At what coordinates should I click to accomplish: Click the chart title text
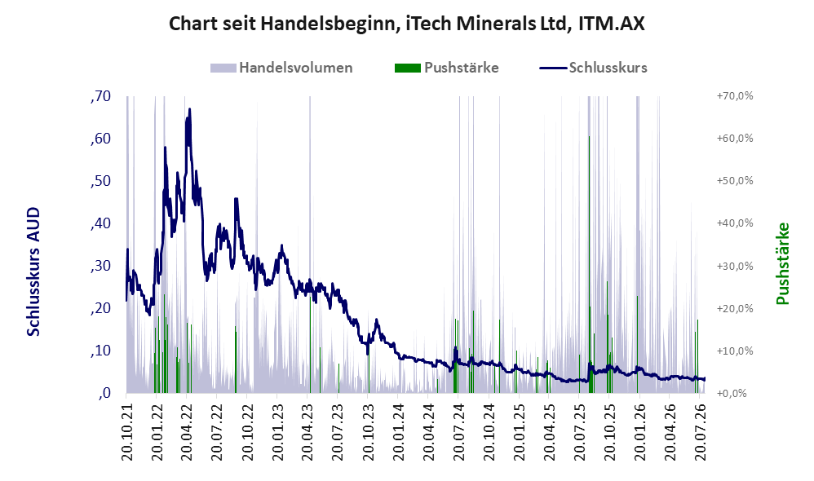pos(406,24)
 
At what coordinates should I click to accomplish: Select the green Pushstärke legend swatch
pos(408,68)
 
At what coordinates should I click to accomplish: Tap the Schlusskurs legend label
pos(608,68)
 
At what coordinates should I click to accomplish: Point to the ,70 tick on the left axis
pos(100,96)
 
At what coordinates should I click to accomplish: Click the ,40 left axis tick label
pos(100,223)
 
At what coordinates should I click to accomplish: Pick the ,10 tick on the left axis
pos(100,351)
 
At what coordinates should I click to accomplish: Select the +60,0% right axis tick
pos(735,139)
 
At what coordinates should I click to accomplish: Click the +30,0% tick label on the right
pos(735,267)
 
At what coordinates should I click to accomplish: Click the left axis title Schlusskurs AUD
pos(33,271)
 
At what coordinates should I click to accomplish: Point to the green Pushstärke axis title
pos(782,263)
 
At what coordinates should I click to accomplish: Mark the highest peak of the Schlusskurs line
pos(189,109)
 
